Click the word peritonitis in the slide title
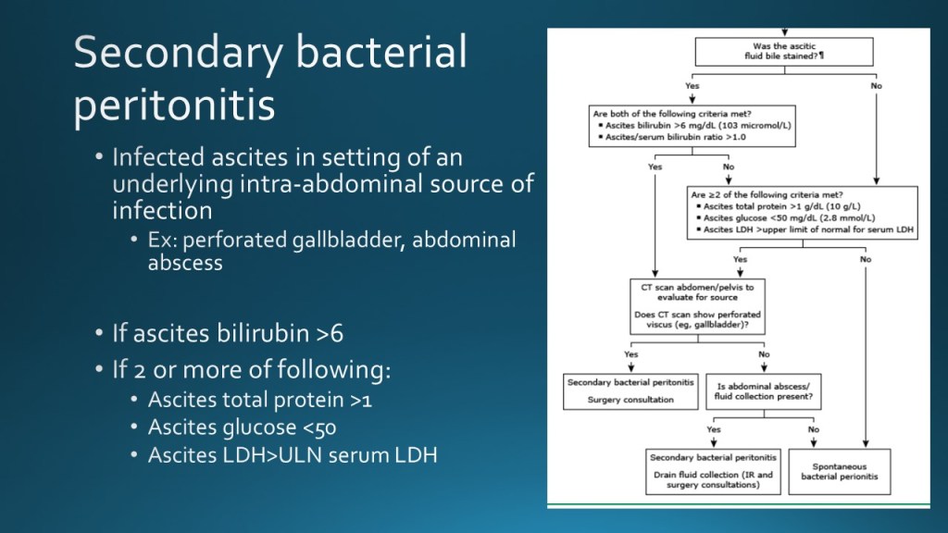tap(174, 104)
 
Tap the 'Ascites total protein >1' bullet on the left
tap(260, 401)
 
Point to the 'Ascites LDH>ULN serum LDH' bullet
tap(293, 455)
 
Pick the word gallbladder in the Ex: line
tap(344, 240)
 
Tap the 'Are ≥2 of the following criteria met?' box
tap(803, 213)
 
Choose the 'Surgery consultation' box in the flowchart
tap(617, 391)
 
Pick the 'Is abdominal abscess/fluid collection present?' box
tap(764, 391)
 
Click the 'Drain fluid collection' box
tap(713, 471)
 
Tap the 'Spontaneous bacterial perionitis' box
tap(839, 471)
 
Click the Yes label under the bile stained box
tap(692, 86)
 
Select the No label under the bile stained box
tap(876, 86)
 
